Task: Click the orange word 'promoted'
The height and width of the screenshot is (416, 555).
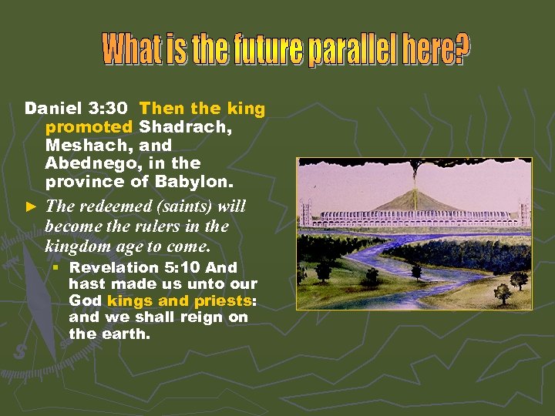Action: click(x=89, y=127)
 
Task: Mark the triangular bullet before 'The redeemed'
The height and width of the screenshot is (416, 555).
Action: click(x=31, y=206)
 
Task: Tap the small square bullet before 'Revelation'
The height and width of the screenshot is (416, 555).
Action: click(x=55, y=267)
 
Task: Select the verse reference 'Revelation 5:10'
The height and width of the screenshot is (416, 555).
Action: click(x=135, y=267)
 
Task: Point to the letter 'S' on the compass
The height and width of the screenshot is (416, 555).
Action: click(x=18, y=351)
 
